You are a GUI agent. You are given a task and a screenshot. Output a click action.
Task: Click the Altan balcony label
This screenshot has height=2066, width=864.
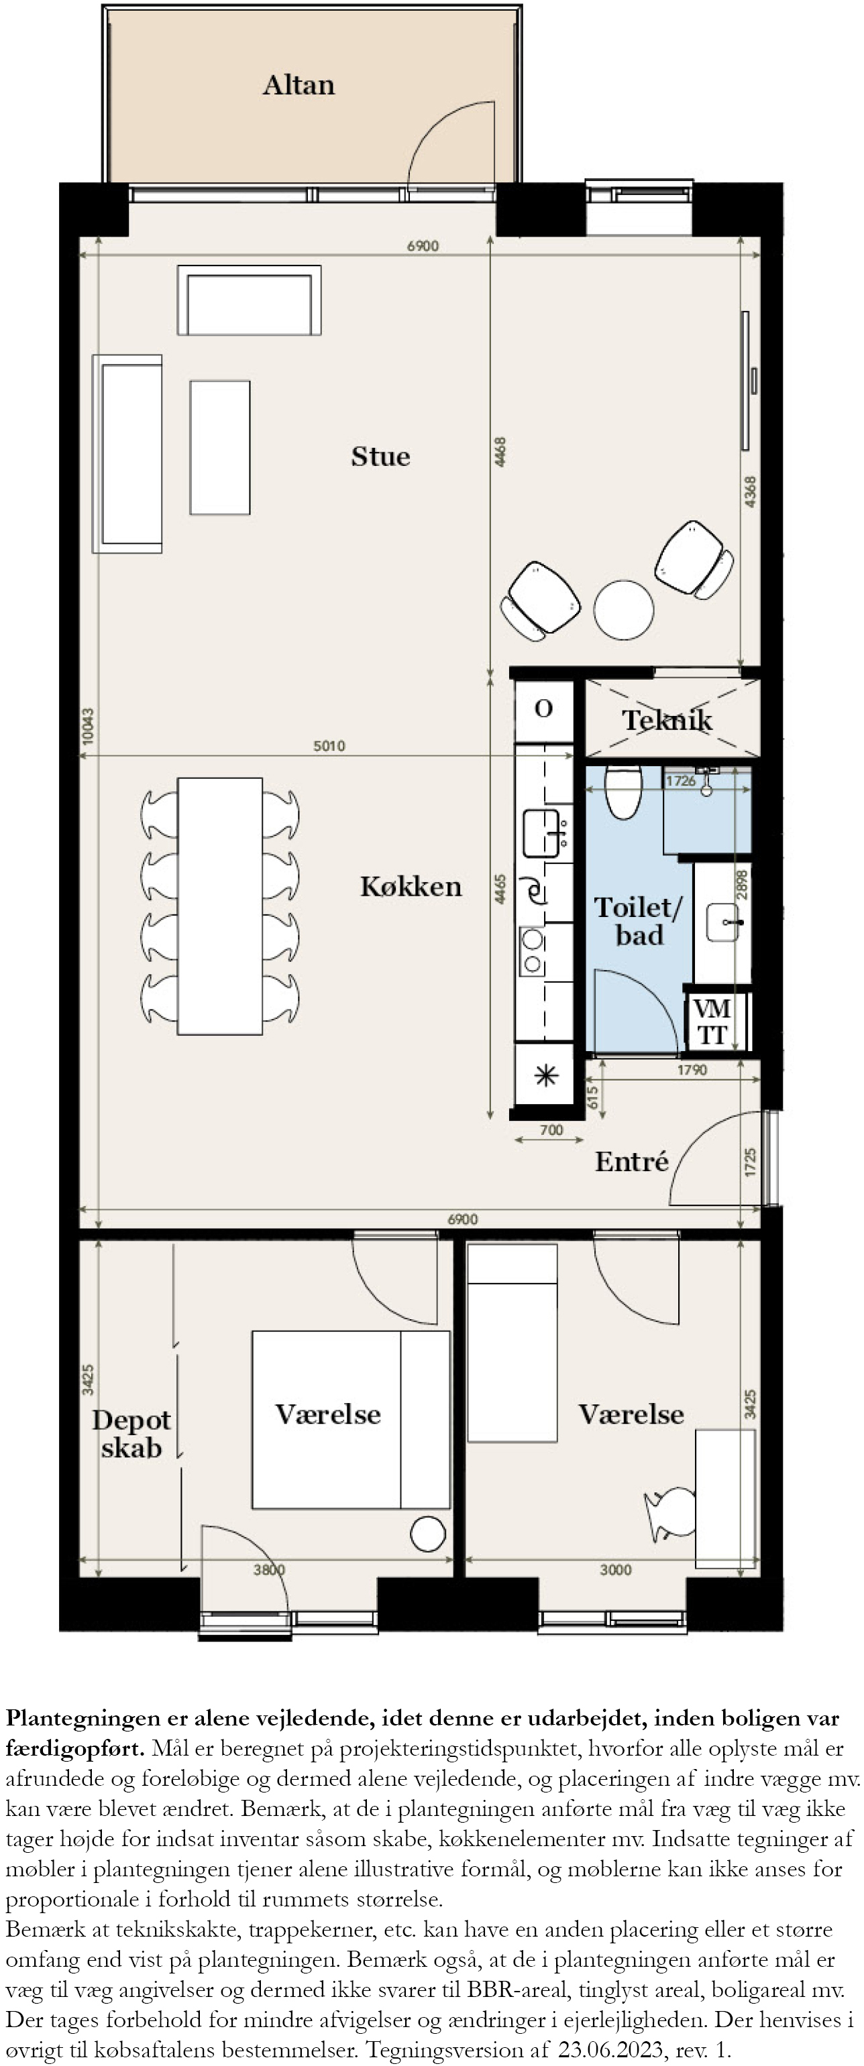click(x=299, y=85)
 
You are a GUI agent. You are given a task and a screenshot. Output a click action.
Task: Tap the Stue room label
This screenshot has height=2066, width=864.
click(x=380, y=457)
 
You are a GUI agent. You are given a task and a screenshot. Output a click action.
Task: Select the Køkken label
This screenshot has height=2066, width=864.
click(x=411, y=886)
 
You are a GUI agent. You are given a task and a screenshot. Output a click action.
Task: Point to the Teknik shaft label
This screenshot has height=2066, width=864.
click(x=667, y=719)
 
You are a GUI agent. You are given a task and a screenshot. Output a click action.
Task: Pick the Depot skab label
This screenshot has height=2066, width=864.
click(x=131, y=1435)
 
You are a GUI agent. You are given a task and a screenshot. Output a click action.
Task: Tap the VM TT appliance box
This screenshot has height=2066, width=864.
click(x=712, y=1022)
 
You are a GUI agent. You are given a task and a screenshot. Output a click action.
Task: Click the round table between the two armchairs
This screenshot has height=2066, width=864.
click(x=623, y=609)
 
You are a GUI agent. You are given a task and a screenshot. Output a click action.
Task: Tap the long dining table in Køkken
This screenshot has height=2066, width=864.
click(x=220, y=906)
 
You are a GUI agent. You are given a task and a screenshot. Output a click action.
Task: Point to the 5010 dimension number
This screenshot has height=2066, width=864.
click(x=329, y=746)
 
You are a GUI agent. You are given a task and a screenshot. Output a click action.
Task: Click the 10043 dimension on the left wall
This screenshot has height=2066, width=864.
click(x=87, y=726)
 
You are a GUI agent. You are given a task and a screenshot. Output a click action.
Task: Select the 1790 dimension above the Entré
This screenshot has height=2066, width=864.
click(x=692, y=1070)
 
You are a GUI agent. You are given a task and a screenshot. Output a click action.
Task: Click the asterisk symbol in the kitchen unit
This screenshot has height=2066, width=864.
click(x=545, y=1075)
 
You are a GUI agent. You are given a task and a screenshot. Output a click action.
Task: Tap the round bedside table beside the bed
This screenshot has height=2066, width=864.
click(x=427, y=1534)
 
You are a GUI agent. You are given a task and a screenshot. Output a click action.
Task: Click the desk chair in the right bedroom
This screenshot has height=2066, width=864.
click(x=671, y=1515)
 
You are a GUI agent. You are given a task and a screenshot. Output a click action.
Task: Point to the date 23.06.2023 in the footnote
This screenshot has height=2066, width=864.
click(x=611, y=2050)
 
